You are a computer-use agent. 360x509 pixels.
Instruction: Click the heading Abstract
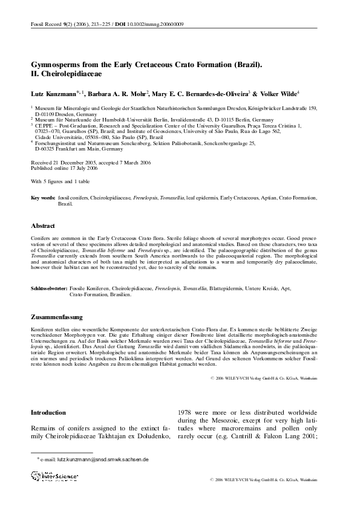(x=43, y=225)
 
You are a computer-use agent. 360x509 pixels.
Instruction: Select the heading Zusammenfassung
(x=57, y=317)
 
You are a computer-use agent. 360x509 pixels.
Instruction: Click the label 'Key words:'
(x=43, y=198)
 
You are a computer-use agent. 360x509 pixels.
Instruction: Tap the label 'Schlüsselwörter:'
(x=49, y=290)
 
